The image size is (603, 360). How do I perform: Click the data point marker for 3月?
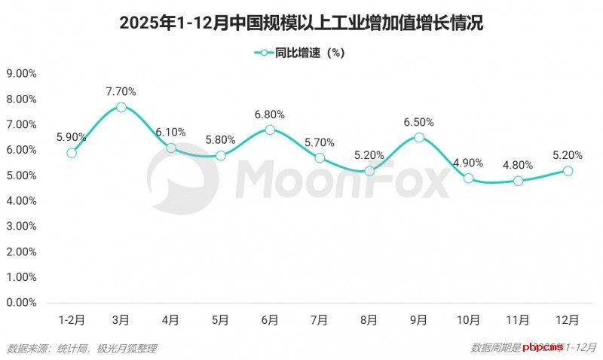tap(121, 107)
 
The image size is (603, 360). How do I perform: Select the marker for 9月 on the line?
tap(419, 137)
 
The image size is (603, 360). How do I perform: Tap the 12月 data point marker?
tap(568, 171)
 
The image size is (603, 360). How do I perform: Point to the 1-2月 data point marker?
tap(72, 153)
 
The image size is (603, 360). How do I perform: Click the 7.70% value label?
tap(121, 92)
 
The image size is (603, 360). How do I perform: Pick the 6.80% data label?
tap(270, 114)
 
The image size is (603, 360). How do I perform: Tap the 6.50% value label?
tap(419, 122)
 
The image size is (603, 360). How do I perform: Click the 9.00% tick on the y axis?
tap(22, 74)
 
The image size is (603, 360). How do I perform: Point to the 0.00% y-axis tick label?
tap(22, 303)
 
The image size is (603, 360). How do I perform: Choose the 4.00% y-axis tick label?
tap(22, 201)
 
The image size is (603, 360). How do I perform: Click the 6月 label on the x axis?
tap(270, 320)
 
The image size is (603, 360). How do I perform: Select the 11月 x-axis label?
tap(518, 320)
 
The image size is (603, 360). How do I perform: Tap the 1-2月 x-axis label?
tap(72, 320)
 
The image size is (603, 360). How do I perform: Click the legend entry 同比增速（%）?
tap(301, 53)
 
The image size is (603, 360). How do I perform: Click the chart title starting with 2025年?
tap(301, 23)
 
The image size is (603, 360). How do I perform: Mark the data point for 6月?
tap(270, 130)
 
